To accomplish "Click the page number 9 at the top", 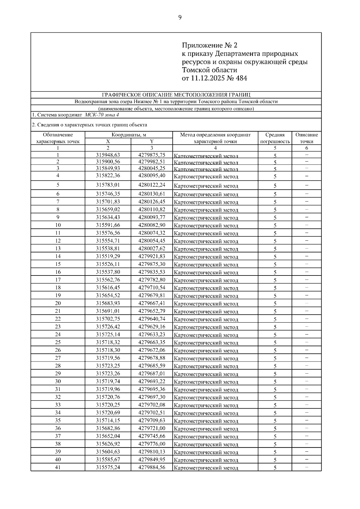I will [x=180, y=17].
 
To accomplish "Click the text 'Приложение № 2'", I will [x=209, y=45].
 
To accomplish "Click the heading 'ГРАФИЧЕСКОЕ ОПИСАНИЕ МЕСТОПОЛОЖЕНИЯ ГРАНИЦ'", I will [x=176, y=95].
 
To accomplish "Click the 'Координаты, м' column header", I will [x=129, y=135].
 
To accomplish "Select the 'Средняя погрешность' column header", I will [x=275, y=138].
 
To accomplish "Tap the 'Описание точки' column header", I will [x=306, y=138].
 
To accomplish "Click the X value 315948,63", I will [x=108, y=155].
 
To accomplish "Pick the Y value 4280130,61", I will [x=151, y=194].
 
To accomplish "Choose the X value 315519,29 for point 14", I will [x=108, y=256].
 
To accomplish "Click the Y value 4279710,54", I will [x=151, y=287].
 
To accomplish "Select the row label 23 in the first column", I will [x=58, y=326].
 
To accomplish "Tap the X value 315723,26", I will [x=108, y=374].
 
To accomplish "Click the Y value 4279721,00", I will [x=151, y=428].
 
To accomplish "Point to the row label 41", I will [x=58, y=467].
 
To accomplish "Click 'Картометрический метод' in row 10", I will [x=206, y=225].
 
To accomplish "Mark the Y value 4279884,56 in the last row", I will [x=151, y=467].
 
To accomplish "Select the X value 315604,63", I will [x=108, y=451].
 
